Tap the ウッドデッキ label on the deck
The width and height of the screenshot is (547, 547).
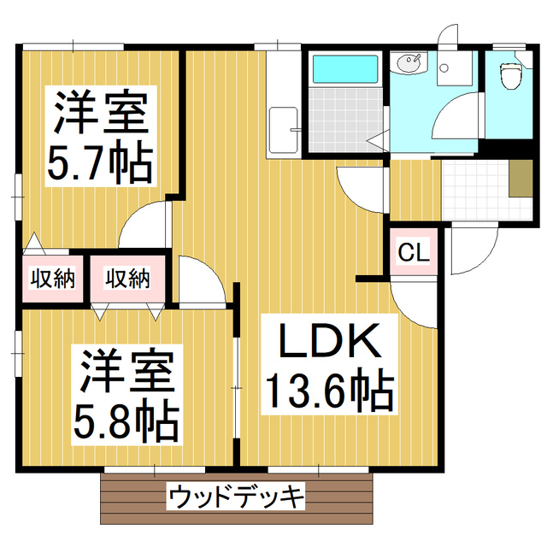237,495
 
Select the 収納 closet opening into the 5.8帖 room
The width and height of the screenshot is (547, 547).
128,277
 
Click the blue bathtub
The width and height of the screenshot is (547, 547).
344,68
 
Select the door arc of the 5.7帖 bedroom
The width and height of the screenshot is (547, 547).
142,227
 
